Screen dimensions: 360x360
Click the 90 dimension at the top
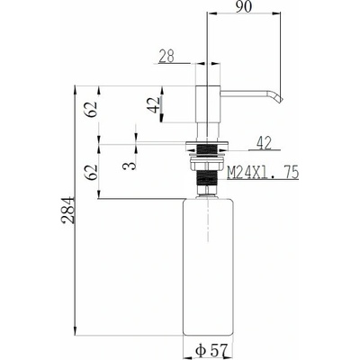click(x=243, y=6)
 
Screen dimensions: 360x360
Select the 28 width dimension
click(x=166, y=56)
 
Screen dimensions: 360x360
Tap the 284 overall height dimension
click(x=67, y=210)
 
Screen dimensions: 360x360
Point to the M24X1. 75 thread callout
click(x=263, y=173)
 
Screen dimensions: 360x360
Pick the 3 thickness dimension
click(x=130, y=165)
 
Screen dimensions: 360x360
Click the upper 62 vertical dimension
click(x=91, y=109)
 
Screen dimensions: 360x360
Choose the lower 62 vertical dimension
click(x=91, y=172)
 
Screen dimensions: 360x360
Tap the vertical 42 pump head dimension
click(x=155, y=105)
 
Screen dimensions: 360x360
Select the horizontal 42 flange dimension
click(x=265, y=143)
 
